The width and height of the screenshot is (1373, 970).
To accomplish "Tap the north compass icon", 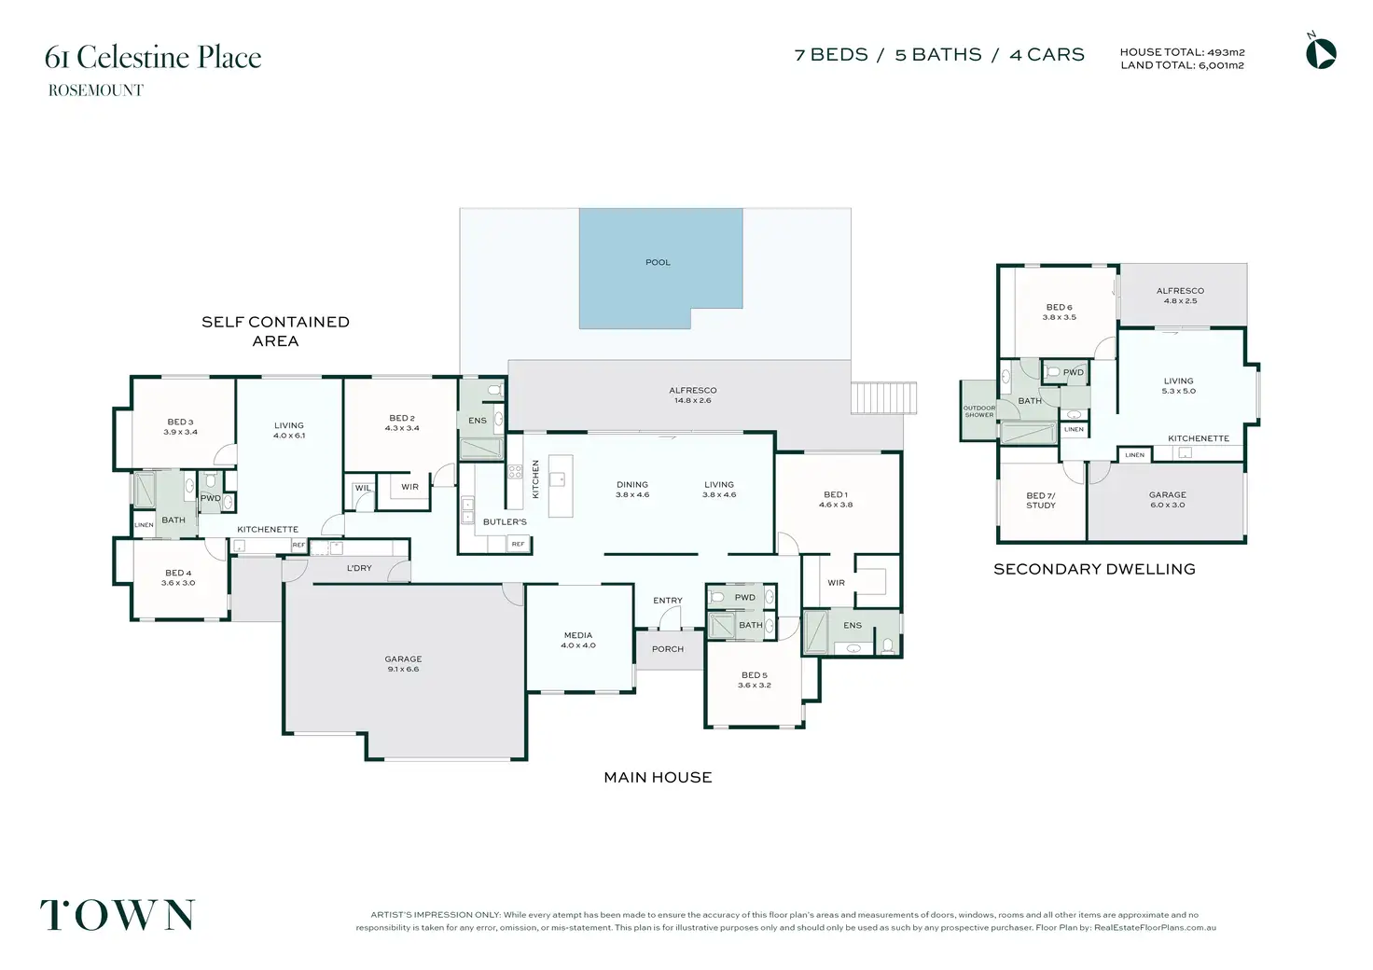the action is point(1321,53).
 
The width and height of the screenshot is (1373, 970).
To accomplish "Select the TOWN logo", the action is point(118,915).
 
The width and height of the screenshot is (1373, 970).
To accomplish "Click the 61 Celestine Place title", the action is point(153,57).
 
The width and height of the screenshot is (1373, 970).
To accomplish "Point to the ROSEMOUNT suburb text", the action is point(96,90).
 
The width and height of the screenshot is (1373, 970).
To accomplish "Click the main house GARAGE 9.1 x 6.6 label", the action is point(403,664).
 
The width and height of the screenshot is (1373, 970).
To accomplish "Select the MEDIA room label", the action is point(578,640).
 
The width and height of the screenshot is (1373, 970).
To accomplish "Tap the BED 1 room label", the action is point(836,499).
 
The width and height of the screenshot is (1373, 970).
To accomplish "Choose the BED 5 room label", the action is point(754,680).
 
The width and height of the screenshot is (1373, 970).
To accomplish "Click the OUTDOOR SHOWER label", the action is point(978,411).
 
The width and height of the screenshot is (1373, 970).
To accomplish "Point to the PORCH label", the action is point(668,649).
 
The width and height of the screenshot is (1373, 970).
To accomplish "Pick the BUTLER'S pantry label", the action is point(505,522).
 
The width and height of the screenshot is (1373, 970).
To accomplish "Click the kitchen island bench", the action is point(561,486).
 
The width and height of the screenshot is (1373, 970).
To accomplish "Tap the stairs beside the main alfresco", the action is point(884,397).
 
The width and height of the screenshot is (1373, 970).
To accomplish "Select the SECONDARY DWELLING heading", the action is point(1094,569).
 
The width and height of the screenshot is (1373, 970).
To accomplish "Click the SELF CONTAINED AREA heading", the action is point(275,331).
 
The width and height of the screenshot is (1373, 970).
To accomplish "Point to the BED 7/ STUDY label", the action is point(1041,500).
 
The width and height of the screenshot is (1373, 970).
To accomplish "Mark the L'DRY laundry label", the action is point(359,568).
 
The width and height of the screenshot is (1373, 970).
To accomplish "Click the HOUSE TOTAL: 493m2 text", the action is point(1183,53).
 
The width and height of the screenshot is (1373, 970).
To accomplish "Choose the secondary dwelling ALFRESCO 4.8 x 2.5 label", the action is point(1180,296).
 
